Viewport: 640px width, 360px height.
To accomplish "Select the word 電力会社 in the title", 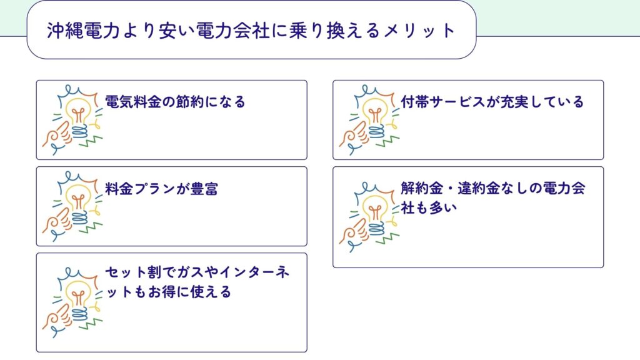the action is point(233,31).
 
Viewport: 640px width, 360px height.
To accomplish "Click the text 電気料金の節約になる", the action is point(175,102).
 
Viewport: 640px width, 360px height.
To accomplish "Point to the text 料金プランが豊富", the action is point(162,189).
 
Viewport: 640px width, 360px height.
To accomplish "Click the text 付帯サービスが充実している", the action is point(492,102).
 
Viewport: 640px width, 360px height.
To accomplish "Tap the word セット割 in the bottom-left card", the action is point(132,272).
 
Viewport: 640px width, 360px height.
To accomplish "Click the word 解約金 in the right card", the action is point(422,188).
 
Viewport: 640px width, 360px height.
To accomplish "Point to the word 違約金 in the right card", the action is point(479,188).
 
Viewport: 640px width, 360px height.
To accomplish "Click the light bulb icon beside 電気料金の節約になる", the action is point(72,120).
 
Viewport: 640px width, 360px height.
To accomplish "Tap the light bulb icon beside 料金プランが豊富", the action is point(72,206).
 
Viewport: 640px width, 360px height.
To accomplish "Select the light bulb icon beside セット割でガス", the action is point(72,303).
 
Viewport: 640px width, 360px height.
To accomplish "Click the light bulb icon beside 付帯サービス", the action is point(369,120).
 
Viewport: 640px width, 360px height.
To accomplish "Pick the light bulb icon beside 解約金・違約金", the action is point(369,217).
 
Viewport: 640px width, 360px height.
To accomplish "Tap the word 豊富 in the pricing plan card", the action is point(204,189).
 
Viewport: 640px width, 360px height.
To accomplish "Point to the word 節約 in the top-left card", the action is point(189,102).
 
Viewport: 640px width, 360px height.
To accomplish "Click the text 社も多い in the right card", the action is point(429,208).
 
